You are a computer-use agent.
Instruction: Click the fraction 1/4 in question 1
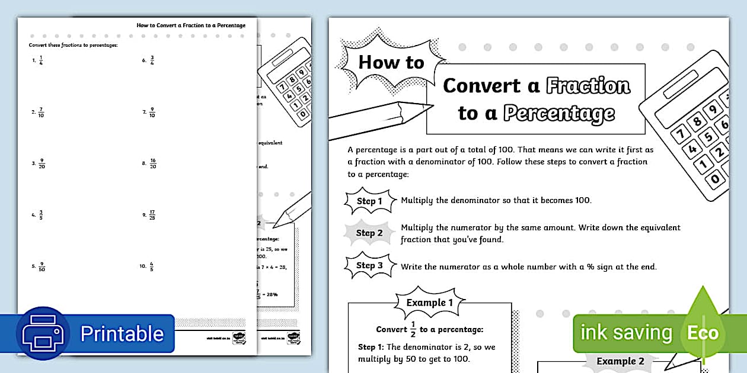41,60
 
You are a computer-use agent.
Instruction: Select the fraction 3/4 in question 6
152,60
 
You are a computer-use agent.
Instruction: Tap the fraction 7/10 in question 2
41,112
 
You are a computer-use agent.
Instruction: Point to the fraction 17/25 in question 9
152,215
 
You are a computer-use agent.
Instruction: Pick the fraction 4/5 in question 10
152,266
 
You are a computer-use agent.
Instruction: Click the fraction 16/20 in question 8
152,163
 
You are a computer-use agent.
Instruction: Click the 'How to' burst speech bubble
391,62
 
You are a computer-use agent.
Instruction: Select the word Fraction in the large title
588,86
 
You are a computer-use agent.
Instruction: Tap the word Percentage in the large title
558,113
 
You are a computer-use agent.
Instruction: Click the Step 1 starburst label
369,201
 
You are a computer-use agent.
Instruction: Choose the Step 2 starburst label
369,233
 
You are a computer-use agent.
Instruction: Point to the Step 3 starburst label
369,265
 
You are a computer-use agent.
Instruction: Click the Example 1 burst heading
430,303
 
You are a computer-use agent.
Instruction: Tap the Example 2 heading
620,361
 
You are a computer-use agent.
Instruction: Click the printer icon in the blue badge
43,333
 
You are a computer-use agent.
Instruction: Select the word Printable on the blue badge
122,333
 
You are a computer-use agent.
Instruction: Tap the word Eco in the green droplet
703,332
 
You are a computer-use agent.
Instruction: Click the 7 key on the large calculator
679,132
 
